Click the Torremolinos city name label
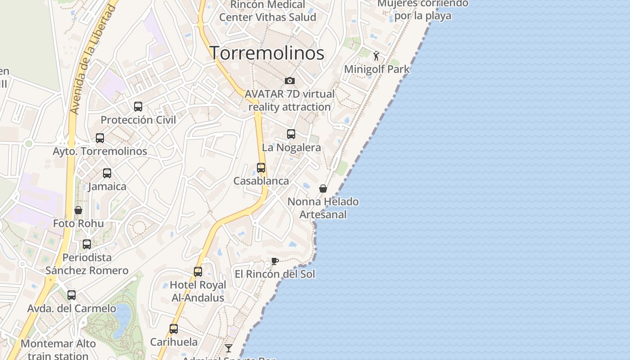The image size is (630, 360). pos(267,53)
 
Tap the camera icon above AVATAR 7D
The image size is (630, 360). pos(290,81)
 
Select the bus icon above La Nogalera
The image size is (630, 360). pos(291,134)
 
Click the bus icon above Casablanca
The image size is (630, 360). pos(261,168)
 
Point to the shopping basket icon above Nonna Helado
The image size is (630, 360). pos(323,189)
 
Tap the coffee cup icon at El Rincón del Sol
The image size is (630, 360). pos(275,261)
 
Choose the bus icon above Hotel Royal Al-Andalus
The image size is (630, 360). pos(198,272)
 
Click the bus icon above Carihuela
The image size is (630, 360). pos(174,329)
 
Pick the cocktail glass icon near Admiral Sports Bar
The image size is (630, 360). pos(229,348)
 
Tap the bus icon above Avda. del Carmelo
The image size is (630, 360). pos(72,295)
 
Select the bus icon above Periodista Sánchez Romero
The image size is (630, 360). pos(87,244)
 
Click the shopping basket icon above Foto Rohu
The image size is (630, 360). pos(78,210)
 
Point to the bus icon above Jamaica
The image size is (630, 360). pos(107,173)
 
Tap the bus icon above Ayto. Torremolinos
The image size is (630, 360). pos(100,138)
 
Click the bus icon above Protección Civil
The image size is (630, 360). pos(138,107)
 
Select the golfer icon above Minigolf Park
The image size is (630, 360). pos(377,56)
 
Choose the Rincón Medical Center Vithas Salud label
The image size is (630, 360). pos(268,11)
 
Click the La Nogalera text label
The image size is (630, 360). pos(292,148)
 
